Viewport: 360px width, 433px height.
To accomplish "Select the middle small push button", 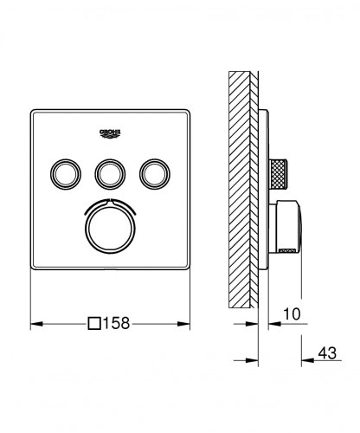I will [110, 174].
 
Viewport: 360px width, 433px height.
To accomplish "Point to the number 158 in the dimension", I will [118, 324].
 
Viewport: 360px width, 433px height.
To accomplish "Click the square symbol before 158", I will [94, 324].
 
